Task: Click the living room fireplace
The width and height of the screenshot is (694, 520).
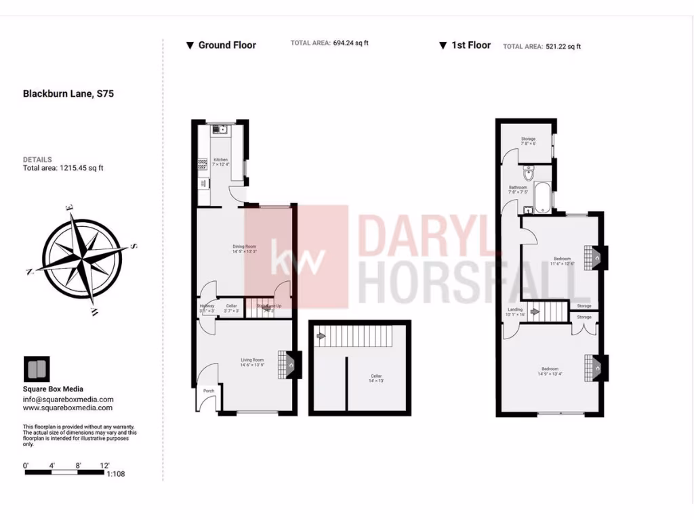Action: point(291,364)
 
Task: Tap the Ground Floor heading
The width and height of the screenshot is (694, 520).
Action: point(226,45)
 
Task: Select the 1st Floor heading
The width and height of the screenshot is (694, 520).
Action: point(470,45)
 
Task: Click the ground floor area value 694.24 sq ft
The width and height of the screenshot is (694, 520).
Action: point(350,43)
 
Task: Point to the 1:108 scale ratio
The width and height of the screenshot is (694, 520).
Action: point(116,474)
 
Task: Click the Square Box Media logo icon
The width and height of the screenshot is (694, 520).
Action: point(36,370)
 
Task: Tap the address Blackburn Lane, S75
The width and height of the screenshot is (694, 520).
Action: point(68,94)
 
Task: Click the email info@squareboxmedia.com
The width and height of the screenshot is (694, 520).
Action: point(68,399)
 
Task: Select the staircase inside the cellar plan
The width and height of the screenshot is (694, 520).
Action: point(354,335)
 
